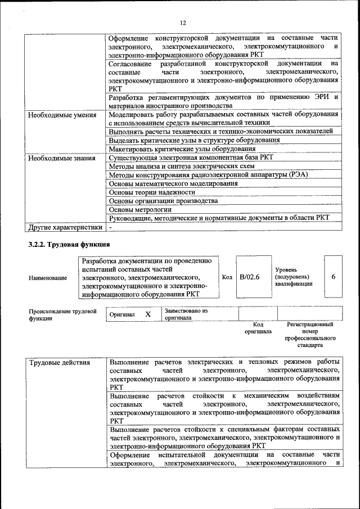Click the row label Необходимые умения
pos(58,114)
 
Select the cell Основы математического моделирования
pos(173,183)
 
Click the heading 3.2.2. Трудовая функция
pos(69,244)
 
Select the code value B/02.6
pos(249,277)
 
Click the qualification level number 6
pos(334,277)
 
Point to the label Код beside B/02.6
pos(227,277)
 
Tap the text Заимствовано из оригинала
pos(186,314)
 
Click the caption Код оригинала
pos(258,328)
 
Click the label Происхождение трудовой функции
pos(62,314)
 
